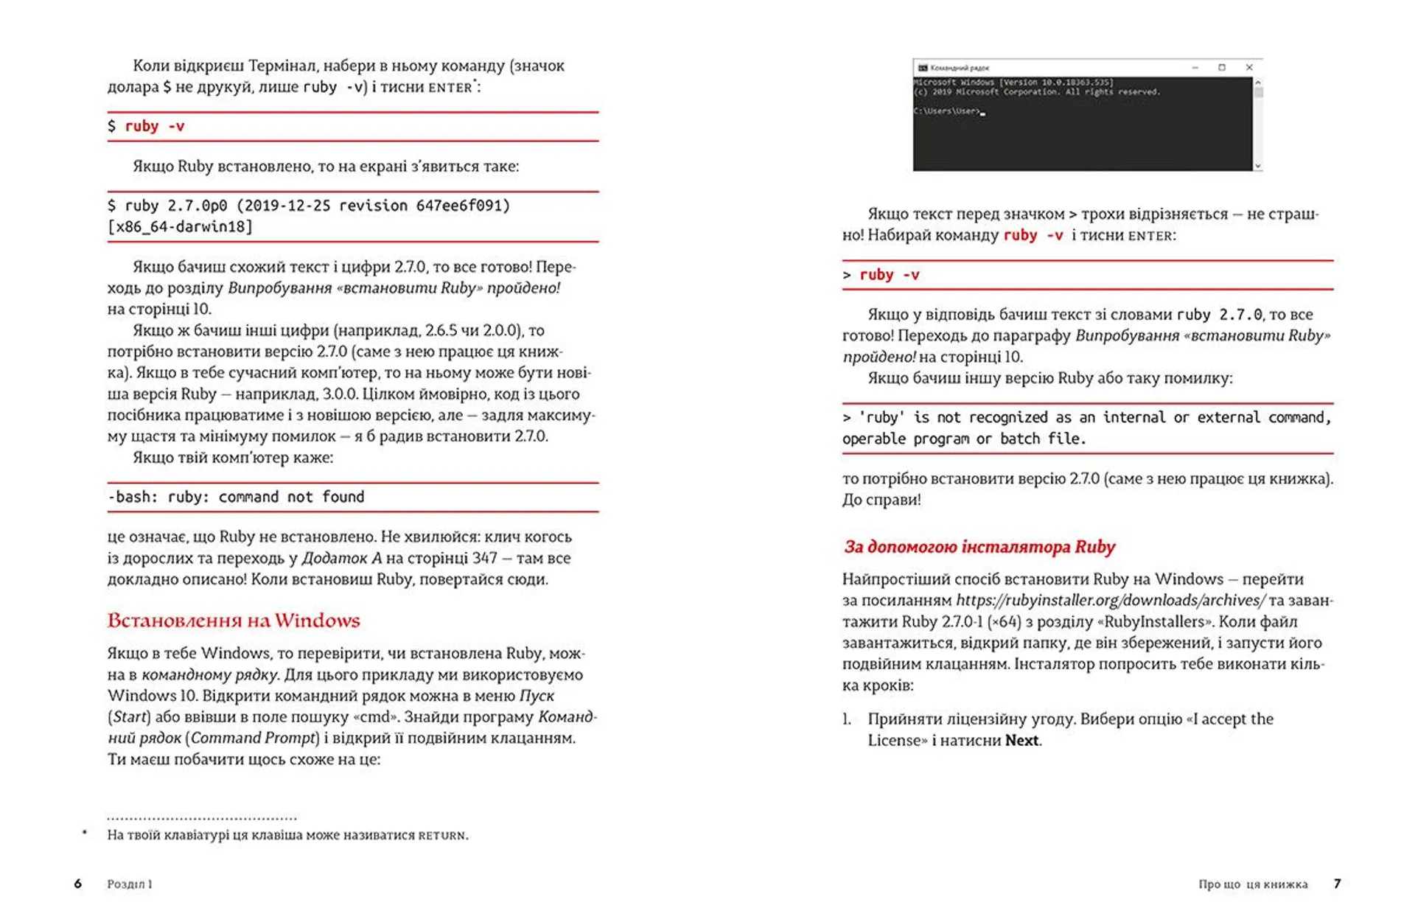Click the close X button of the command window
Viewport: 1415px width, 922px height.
click(x=1249, y=67)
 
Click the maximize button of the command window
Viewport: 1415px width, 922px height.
click(x=1222, y=67)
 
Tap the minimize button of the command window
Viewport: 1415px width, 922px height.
click(x=1195, y=67)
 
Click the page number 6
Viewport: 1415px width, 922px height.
click(x=77, y=884)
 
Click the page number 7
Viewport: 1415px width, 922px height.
click(x=1337, y=884)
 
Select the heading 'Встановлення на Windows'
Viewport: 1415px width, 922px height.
click(x=234, y=621)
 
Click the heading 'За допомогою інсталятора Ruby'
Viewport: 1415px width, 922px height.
click(x=979, y=547)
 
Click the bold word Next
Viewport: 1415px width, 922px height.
click(x=1021, y=740)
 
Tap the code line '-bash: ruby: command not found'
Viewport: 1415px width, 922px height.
click(x=236, y=497)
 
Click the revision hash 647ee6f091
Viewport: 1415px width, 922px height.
click(x=463, y=206)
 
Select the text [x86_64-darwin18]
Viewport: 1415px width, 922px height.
click(x=180, y=226)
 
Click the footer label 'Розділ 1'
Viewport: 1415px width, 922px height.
click(x=130, y=884)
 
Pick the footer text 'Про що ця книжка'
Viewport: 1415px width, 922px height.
click(x=1253, y=884)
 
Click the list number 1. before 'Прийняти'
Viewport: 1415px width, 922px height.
click(x=847, y=719)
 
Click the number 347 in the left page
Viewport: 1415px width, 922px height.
click(x=485, y=558)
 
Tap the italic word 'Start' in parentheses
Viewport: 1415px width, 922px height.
click(x=130, y=716)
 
